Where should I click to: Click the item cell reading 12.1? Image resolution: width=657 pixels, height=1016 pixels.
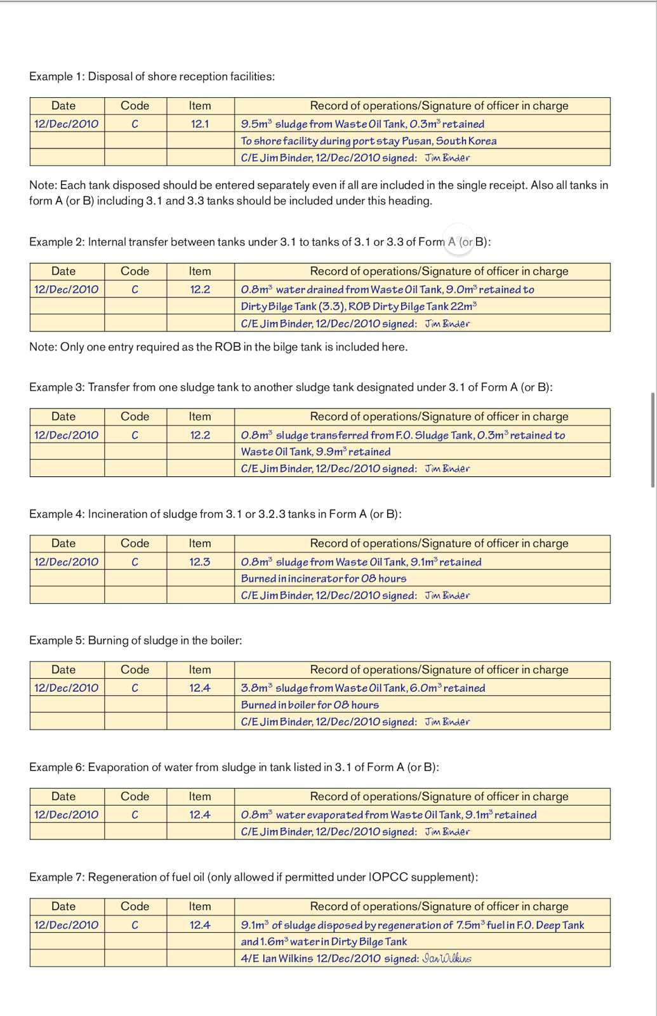point(200,124)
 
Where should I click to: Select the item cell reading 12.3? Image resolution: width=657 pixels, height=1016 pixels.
point(200,562)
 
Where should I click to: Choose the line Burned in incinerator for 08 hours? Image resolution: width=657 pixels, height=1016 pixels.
point(323,578)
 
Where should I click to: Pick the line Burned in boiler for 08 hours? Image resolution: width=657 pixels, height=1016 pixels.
point(310,705)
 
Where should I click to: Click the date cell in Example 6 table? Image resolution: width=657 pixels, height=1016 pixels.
point(67,815)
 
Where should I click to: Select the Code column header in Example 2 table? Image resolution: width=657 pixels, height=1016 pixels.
point(135,271)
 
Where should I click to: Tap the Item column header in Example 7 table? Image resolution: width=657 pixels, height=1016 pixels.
point(200,907)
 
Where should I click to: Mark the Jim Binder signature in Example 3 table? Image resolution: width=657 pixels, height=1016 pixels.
point(448,469)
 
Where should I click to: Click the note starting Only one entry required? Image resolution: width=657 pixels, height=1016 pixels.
point(218,347)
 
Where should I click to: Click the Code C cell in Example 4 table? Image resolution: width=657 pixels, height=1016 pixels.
point(135,562)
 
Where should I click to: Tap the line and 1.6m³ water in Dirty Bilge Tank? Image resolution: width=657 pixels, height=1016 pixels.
point(324,942)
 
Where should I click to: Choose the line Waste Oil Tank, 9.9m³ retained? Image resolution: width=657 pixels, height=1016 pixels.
point(315,451)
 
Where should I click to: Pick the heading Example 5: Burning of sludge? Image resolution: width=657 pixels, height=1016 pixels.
point(135,640)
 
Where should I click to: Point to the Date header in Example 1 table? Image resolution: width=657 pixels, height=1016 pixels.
point(63,106)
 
